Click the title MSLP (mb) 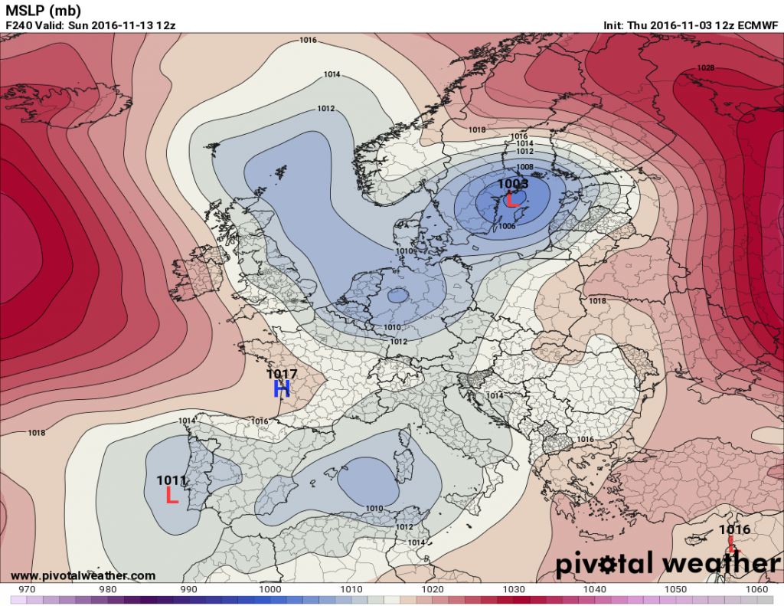43,10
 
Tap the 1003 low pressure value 513,184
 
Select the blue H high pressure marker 282,389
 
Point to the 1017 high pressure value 282,373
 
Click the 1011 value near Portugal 171,480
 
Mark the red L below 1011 172,496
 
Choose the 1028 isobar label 705,68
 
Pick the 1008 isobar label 524,166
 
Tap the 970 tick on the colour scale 27,589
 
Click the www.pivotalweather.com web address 83,575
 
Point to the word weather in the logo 724,564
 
